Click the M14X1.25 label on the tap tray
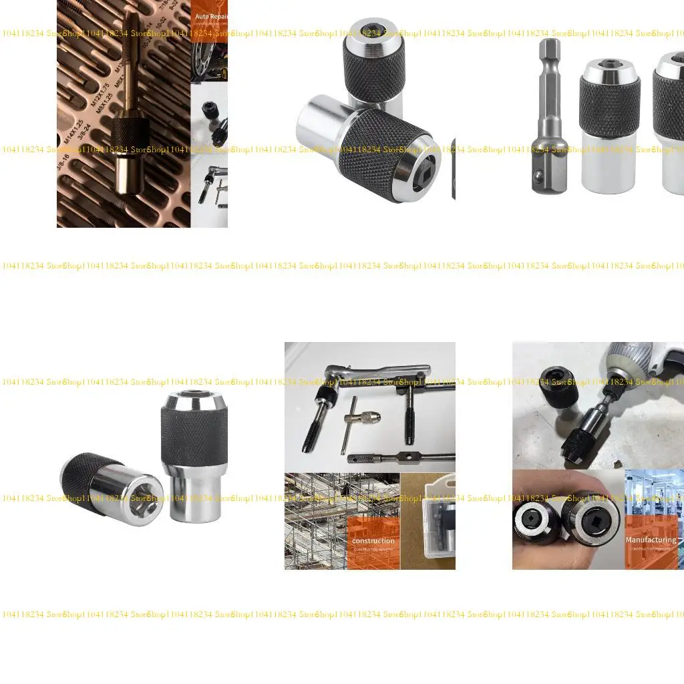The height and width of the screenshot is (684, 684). coord(73,133)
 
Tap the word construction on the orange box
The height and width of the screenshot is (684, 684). coord(373,540)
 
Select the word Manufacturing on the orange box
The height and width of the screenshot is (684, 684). coord(650,540)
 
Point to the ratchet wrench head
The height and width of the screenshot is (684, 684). coord(332,373)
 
